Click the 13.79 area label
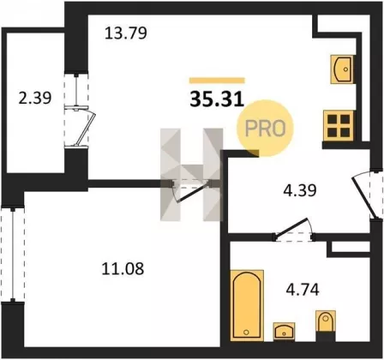pyautogui.click(x=126, y=33)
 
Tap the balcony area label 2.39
pyautogui.click(x=35, y=98)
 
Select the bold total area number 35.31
pyautogui.click(x=217, y=99)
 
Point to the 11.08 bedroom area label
pyautogui.click(x=123, y=269)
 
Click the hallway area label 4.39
pyautogui.click(x=300, y=190)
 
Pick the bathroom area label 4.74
pyautogui.click(x=303, y=290)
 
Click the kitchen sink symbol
pyautogui.click(x=342, y=69)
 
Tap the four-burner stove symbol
pyautogui.click(x=339, y=126)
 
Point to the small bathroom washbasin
pyautogui.click(x=284, y=332)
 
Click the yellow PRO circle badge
pyautogui.click(x=265, y=129)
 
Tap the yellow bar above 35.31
pyautogui.click(x=217, y=81)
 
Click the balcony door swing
pyautogui.click(x=85, y=127)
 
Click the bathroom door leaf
pyautogui.click(x=292, y=227)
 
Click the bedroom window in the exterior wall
pyautogui.click(x=13, y=255)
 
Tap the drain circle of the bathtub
pyautogui.click(x=246, y=332)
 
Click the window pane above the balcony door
pyautogui.click(x=76, y=90)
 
